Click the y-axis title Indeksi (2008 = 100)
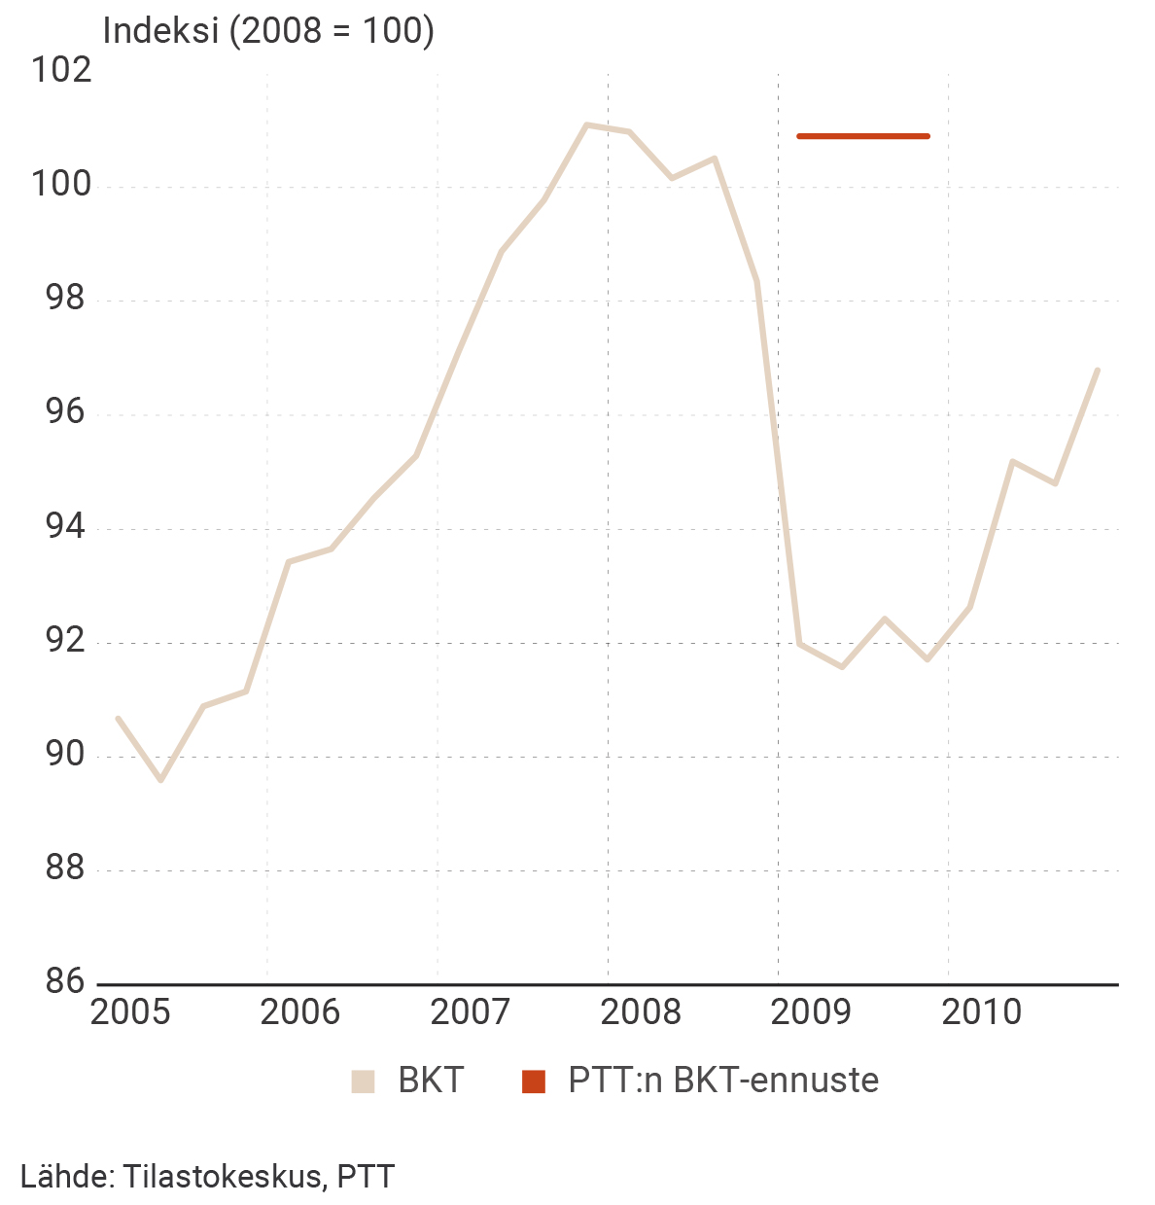tap(268, 31)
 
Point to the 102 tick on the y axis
tap(61, 71)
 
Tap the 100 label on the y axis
tap(61, 185)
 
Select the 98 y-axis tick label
tap(65, 300)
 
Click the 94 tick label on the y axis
tap(65, 528)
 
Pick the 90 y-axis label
tap(65, 756)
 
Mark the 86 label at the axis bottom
tap(65, 982)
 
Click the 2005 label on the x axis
tap(130, 1012)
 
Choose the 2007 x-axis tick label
tap(471, 1012)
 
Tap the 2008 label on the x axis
tap(641, 1012)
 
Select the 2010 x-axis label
tap(982, 1012)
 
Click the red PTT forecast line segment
tap(863, 136)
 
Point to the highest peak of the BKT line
tap(586, 124)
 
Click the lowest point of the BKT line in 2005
tap(161, 780)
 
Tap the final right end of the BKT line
tap(1098, 370)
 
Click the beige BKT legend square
tap(363, 1081)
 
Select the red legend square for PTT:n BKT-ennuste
tap(534, 1081)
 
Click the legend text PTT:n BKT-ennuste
tap(723, 1081)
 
